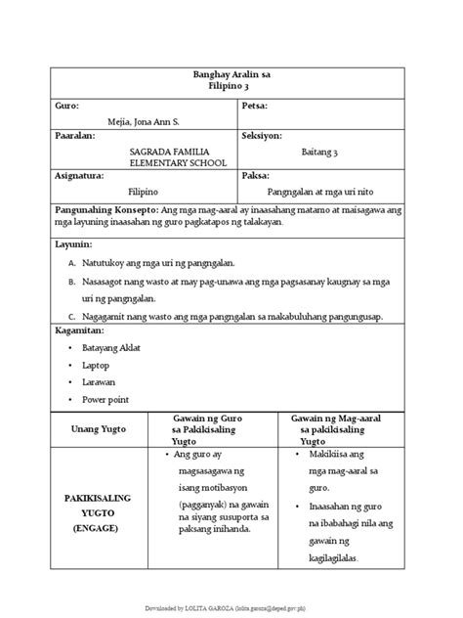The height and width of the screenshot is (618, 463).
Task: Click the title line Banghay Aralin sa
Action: [x=231, y=74]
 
